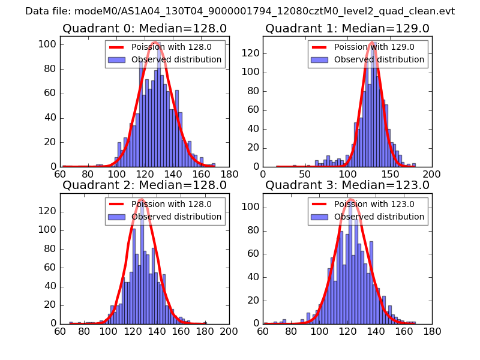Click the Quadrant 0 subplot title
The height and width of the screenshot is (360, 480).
point(145,28)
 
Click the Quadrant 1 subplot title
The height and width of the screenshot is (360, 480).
point(347,28)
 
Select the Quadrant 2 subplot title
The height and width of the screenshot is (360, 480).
point(145,185)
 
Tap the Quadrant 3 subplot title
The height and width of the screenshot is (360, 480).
point(347,185)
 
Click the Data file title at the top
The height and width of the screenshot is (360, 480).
point(240,11)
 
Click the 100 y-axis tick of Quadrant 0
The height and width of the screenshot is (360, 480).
point(49,44)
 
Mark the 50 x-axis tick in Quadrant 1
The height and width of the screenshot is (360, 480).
point(305,174)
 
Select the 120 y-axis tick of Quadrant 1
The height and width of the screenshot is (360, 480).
point(252,53)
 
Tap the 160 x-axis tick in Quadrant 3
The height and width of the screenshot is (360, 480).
point(408,331)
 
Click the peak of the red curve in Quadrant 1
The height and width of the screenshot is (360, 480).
point(372,43)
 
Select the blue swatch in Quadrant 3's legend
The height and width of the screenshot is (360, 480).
point(319,217)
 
